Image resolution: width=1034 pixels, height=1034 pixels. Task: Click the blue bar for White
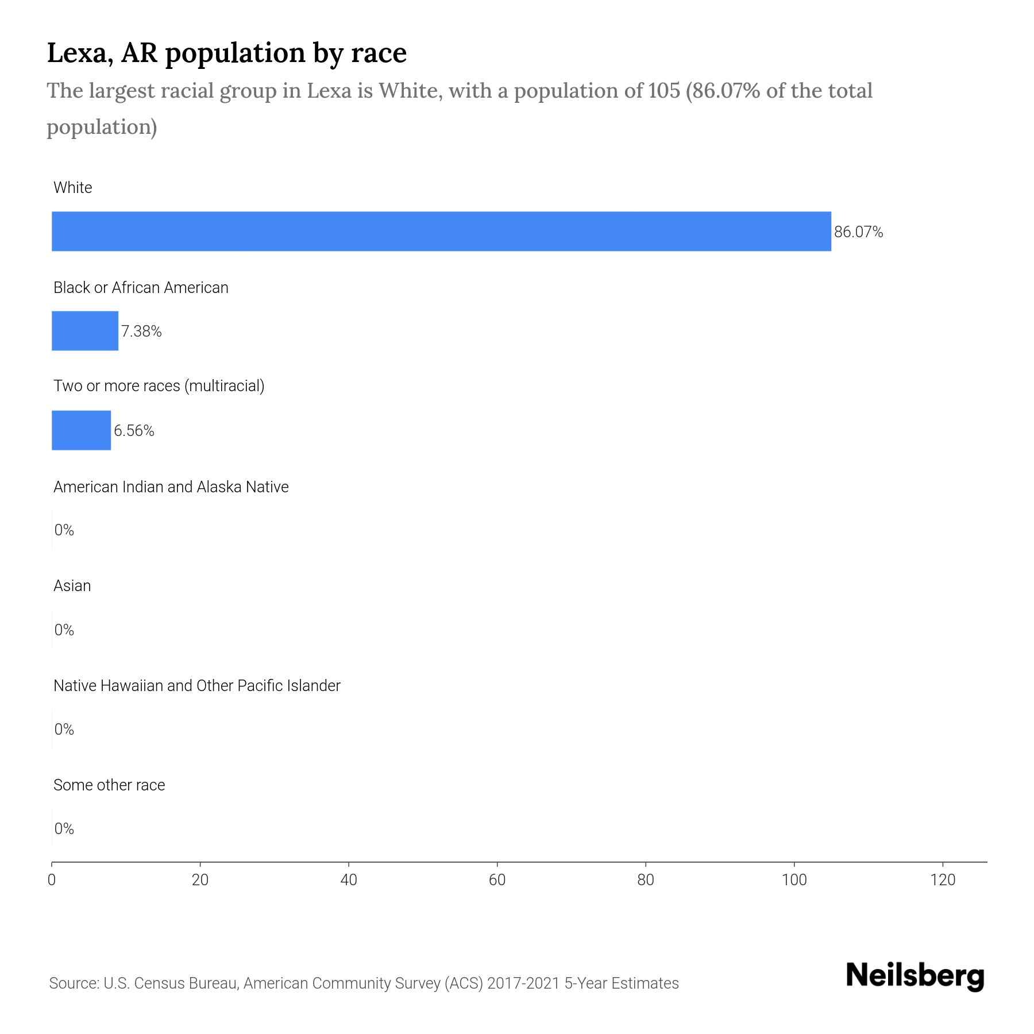point(441,231)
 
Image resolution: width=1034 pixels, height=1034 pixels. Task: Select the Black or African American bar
point(85,331)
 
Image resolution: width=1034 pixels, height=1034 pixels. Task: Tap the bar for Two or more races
point(81,430)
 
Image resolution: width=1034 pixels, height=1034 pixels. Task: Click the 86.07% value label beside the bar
point(858,232)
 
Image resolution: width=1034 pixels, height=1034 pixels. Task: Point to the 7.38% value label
point(141,331)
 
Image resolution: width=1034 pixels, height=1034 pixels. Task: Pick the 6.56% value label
point(134,431)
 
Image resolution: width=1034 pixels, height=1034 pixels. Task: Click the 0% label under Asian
point(64,630)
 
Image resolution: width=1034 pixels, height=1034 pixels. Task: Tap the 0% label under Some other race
point(64,828)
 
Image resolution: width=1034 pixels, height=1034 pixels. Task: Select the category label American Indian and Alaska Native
point(171,487)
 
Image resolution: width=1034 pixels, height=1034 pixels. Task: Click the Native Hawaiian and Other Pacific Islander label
point(196,686)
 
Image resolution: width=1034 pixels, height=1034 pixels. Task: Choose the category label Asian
point(72,586)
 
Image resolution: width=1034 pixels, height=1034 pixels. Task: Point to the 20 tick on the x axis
point(200,880)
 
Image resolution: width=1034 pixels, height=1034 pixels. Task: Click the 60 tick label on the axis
point(497,880)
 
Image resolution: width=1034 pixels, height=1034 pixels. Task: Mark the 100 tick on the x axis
point(794,880)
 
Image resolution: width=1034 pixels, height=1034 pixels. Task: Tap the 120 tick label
point(942,880)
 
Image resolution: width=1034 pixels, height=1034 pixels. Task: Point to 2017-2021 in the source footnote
point(523,983)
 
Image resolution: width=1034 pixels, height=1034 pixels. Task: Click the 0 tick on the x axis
point(52,880)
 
